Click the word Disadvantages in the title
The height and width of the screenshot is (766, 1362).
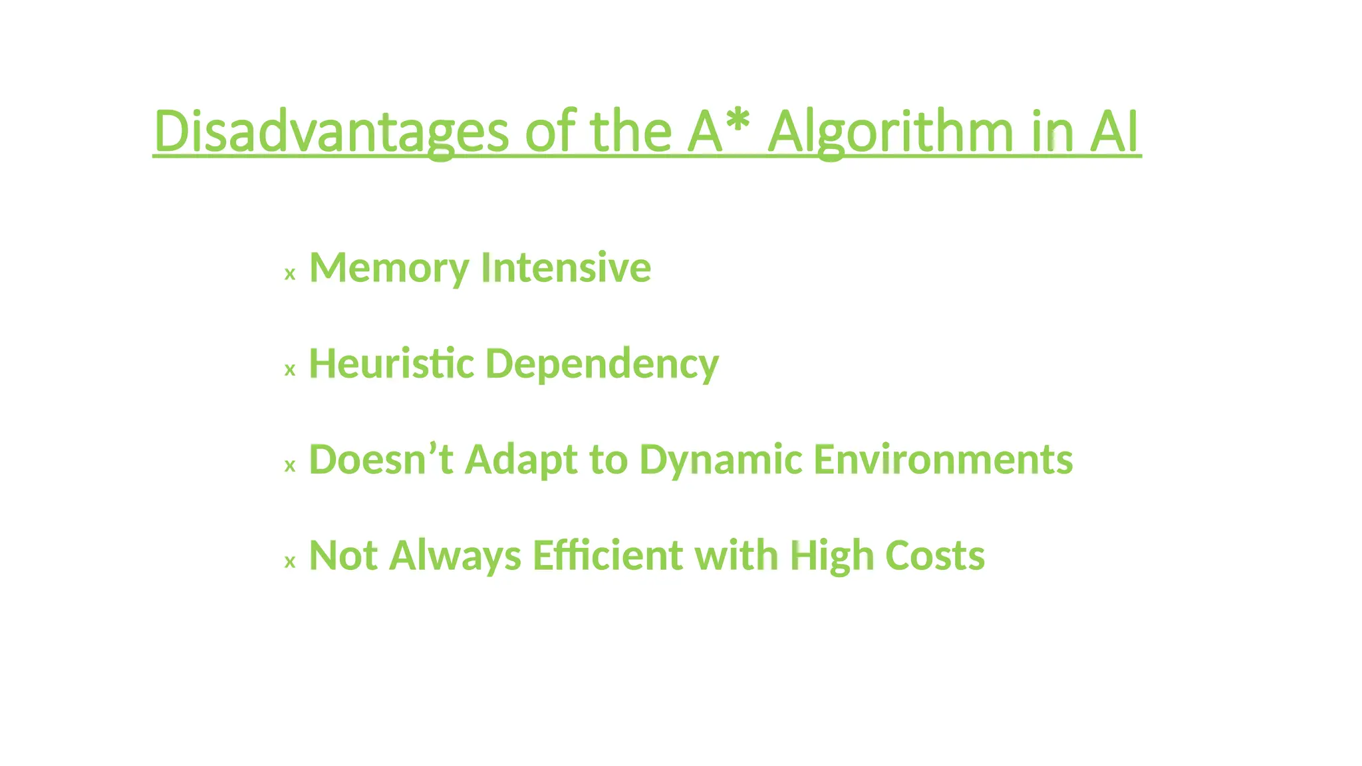pyautogui.click(x=331, y=131)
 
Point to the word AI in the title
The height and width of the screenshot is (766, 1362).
pyautogui.click(x=1114, y=131)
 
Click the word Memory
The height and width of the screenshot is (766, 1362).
pyautogui.click(x=389, y=268)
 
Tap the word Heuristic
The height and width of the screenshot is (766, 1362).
pyautogui.click(x=391, y=364)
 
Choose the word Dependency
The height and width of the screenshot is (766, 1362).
pyautogui.click(x=602, y=365)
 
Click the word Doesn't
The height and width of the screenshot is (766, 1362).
pyautogui.click(x=381, y=459)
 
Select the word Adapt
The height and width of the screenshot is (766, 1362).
pyautogui.click(x=521, y=461)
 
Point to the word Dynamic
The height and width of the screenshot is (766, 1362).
pyautogui.click(x=720, y=461)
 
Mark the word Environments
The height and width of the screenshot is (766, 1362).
pyautogui.click(x=943, y=459)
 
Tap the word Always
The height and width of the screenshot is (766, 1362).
pyautogui.click(x=455, y=556)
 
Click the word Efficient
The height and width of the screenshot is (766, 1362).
pyautogui.click(x=607, y=555)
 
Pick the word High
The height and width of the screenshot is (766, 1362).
pyautogui.click(x=831, y=557)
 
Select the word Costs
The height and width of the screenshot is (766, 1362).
pyautogui.click(x=935, y=555)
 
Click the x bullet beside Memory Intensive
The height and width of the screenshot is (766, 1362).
pyautogui.click(x=290, y=274)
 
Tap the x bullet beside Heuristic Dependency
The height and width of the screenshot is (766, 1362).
pyautogui.click(x=290, y=370)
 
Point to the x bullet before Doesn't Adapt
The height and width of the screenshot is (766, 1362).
pyautogui.click(x=290, y=466)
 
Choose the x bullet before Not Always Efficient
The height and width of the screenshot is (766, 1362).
pyautogui.click(x=290, y=563)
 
